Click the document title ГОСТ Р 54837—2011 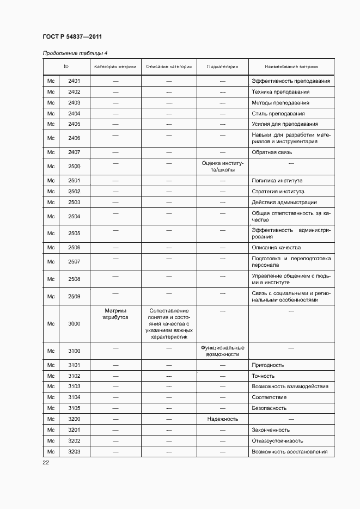click(x=72, y=37)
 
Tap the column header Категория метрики click(x=115, y=67)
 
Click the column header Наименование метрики click(x=291, y=67)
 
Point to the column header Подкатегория click(x=222, y=67)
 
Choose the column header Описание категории click(x=169, y=67)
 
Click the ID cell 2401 click(x=74, y=81)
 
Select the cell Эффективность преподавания click(x=291, y=81)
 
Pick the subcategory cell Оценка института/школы click(x=222, y=167)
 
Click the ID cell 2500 click(x=74, y=167)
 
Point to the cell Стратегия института click(x=278, y=192)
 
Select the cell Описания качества click(x=276, y=248)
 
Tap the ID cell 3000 click(x=74, y=324)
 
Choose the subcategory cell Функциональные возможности click(x=222, y=351)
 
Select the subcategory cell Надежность click(x=222, y=419)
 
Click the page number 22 click(x=46, y=463)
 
